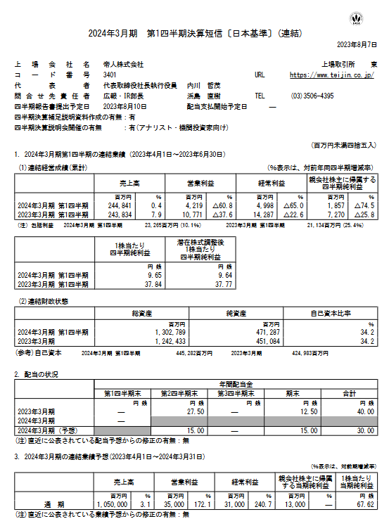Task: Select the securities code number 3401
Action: tap(110, 74)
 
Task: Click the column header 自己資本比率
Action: tap(334, 312)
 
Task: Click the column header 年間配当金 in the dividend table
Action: tap(231, 385)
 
